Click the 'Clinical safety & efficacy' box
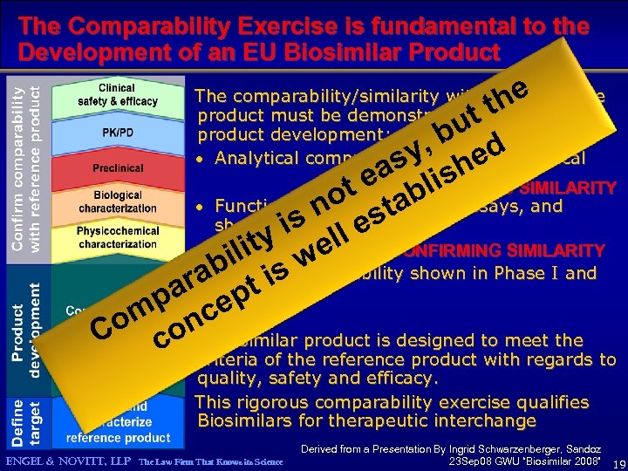coord(117,95)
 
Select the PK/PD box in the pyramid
coord(117,133)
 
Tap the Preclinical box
coord(117,167)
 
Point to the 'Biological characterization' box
coord(117,202)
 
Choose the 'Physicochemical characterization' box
coord(117,237)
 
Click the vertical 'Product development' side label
coord(26,327)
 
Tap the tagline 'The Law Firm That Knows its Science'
coord(211,461)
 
